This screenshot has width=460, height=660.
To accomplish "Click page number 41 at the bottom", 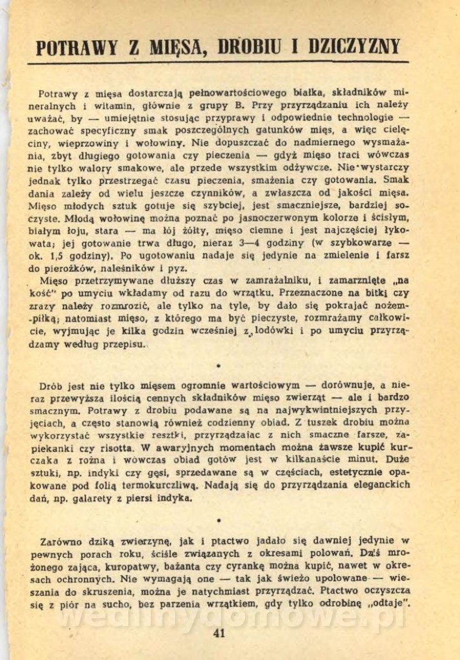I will (219, 632).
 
